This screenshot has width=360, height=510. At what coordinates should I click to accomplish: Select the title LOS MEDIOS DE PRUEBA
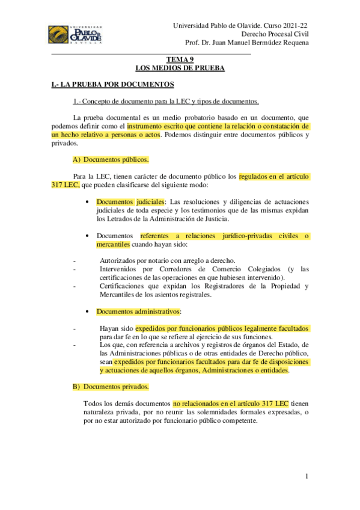point(180,69)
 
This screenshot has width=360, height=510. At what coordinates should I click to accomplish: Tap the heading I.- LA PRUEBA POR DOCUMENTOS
point(113,85)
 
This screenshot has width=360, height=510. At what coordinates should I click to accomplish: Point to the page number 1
point(307,477)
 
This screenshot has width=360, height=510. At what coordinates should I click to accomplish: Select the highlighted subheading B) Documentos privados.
point(111,386)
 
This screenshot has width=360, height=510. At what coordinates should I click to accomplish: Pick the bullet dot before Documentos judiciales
point(88,201)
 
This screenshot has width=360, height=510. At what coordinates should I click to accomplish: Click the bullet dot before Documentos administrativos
point(88,312)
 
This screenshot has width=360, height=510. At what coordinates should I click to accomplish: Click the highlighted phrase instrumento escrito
point(159,127)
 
